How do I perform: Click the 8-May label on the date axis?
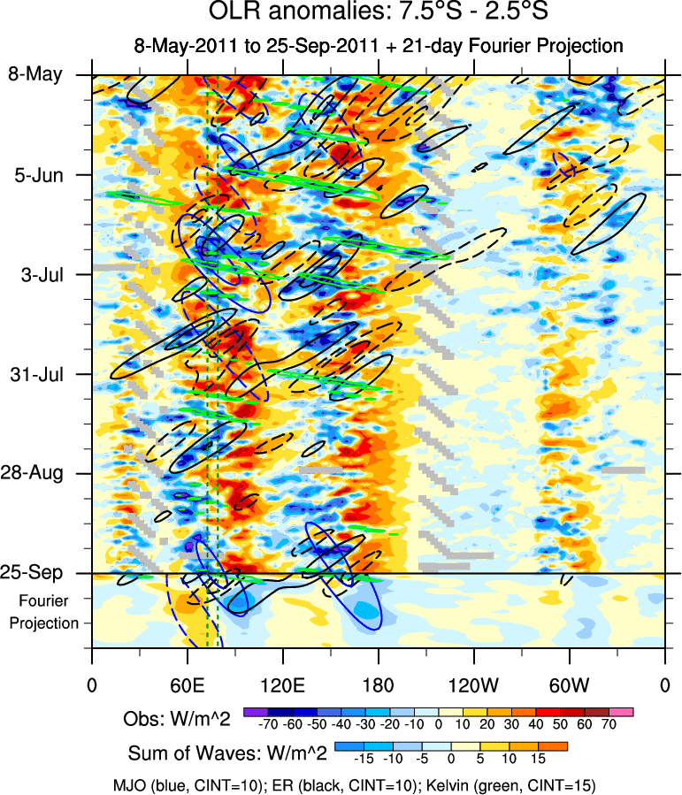(x=35, y=74)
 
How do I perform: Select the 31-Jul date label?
(x=36, y=373)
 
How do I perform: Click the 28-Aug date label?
(x=35, y=473)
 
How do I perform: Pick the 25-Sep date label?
(x=35, y=573)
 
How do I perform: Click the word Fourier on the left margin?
(x=44, y=600)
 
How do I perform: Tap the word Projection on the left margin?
(x=44, y=623)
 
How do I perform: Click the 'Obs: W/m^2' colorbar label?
(x=177, y=719)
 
